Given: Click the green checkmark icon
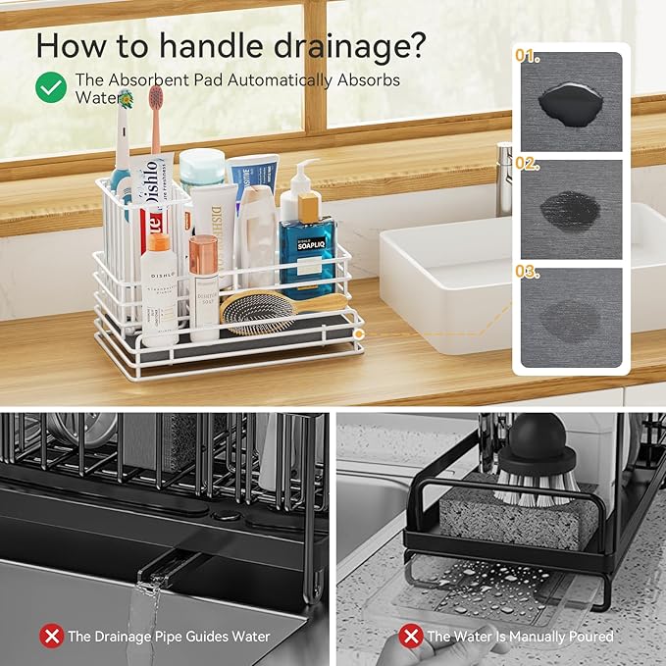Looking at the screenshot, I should (51, 87).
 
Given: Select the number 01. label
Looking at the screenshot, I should (529, 56).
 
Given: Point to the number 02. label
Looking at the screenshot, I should (529, 164).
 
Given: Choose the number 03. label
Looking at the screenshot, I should (529, 271).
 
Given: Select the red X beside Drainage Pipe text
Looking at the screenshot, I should (51, 636).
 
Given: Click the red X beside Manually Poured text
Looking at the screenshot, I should (411, 636).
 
